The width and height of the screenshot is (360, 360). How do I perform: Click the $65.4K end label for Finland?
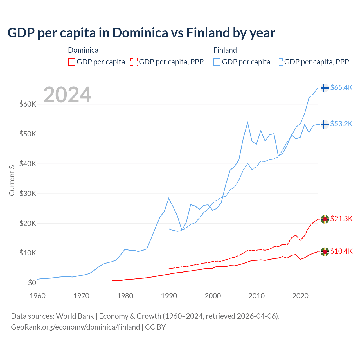pos(341,88)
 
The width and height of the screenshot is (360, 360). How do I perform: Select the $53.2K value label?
pos(341,124)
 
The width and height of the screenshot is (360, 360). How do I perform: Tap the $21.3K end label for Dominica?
pos(341,219)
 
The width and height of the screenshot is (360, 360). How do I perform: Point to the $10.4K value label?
pos(341,251)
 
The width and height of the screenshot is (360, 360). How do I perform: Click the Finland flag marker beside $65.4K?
pos(325,88)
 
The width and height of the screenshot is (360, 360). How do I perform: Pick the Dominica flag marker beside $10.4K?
pos(325,251)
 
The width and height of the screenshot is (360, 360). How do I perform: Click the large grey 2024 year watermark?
pos(67,95)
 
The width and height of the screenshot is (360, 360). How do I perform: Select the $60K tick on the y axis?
pos(28,104)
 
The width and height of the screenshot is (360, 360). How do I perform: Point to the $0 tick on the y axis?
pos(32,283)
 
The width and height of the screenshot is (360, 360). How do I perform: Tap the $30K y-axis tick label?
pos(28,194)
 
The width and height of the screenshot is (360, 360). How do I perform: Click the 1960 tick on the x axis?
pos(38,296)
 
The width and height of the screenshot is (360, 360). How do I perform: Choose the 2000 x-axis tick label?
pos(213,296)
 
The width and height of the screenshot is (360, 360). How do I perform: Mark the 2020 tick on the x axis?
pos(300,296)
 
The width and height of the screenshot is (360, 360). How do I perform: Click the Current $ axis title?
pos(12,180)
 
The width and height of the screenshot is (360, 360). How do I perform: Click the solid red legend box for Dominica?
pos(72,62)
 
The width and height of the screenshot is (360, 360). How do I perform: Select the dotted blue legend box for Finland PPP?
pos(279,62)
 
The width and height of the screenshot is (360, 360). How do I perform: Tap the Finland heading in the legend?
pos(225,50)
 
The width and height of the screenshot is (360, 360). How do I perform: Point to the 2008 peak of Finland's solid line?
pos(247,123)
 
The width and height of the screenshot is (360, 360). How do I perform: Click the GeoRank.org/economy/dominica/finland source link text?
pos(75,327)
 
